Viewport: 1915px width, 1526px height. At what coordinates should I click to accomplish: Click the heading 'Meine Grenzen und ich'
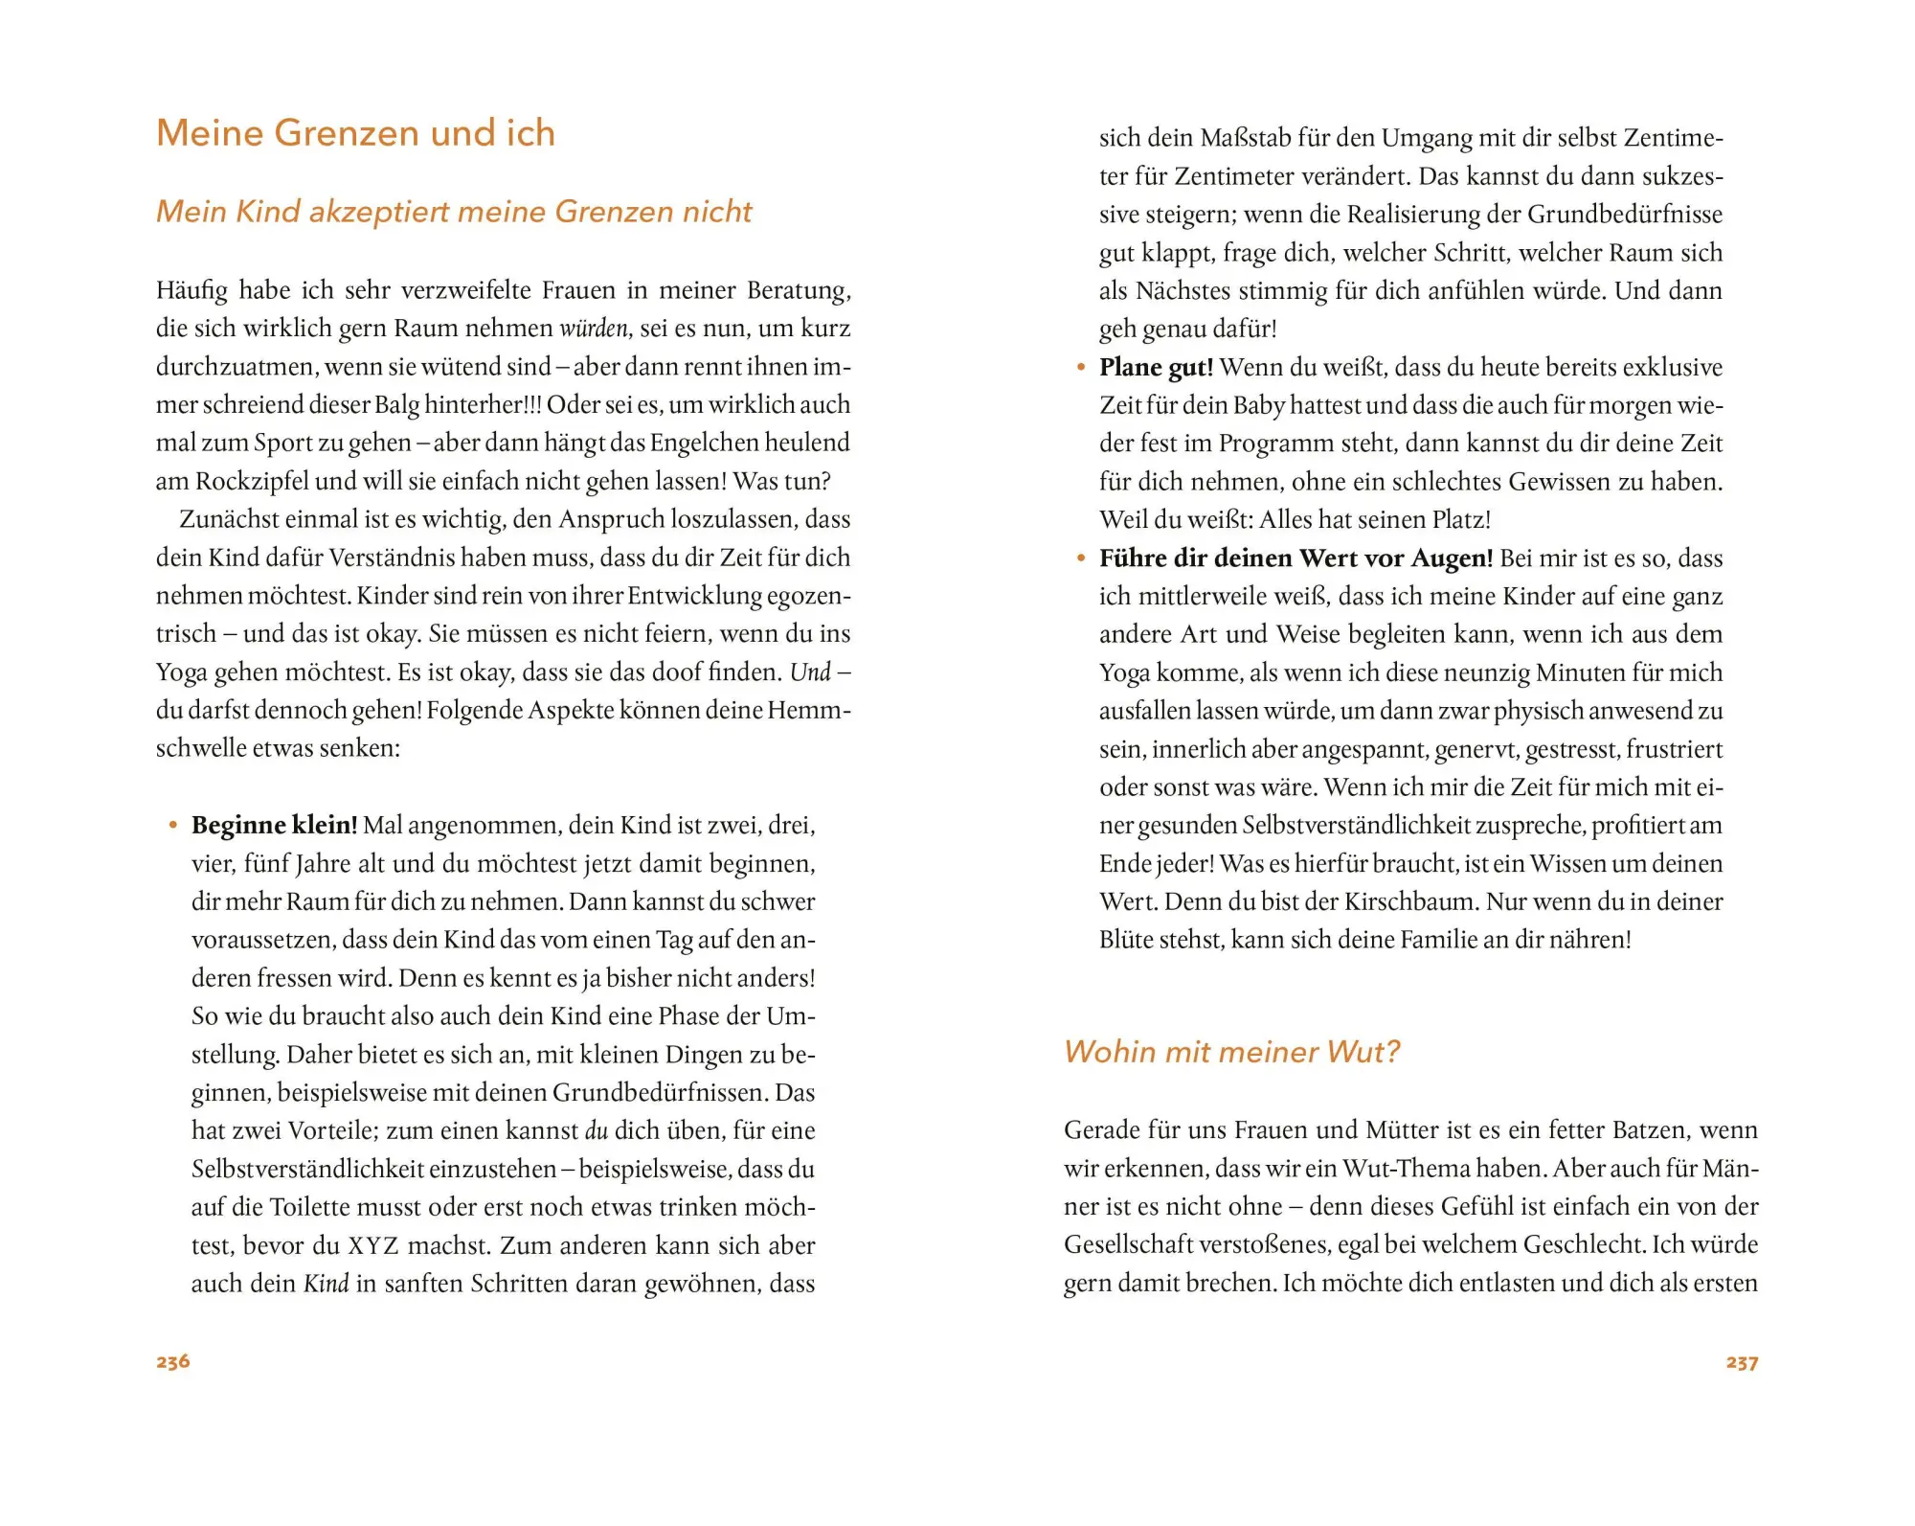click(x=355, y=133)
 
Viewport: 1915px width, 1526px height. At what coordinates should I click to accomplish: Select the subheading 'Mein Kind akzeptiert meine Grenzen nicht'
click(x=454, y=212)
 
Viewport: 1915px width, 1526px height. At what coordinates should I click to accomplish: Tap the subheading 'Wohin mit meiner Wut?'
click(x=1231, y=1052)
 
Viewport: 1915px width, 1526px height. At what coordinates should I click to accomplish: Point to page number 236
click(x=173, y=1361)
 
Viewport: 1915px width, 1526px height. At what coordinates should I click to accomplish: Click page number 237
click(x=1742, y=1362)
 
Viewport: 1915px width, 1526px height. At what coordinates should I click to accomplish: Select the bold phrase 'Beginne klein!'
click(x=274, y=825)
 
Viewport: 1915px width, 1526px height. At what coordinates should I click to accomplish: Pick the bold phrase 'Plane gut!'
click(x=1156, y=367)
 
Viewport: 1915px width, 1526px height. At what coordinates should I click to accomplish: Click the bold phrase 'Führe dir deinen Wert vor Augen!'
click(x=1295, y=558)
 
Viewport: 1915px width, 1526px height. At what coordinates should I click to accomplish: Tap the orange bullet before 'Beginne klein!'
click(x=173, y=825)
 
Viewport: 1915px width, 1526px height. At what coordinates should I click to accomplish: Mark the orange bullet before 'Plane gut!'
click(x=1081, y=367)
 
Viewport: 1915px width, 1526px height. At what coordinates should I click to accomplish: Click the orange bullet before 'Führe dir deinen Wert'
click(x=1081, y=558)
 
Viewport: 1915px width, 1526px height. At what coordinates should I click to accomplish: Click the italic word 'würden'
click(x=594, y=329)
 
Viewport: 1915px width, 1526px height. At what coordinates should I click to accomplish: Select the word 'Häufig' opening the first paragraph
click(x=191, y=290)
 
